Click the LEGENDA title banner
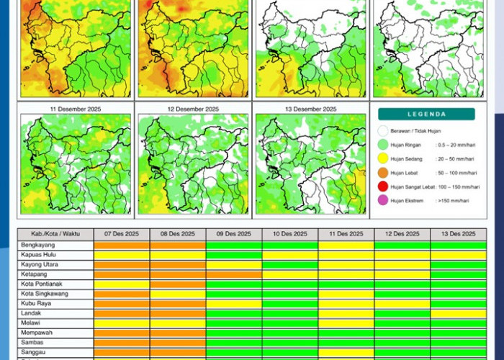pos(426,114)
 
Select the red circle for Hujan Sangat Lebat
pos(383,186)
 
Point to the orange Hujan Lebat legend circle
pos(383,172)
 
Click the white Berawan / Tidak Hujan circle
pos(383,131)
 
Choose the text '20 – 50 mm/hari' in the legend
pos(454,158)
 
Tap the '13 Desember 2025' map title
pos(308,109)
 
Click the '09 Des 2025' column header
pos(234,234)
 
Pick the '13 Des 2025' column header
pos(458,234)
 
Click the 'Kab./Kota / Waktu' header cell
pos(55,234)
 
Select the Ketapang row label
pos(33,274)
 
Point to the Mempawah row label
pos(35,333)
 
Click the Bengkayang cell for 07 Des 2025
pos(122,246)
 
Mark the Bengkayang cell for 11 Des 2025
pos(346,246)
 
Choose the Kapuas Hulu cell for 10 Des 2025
pos(290,255)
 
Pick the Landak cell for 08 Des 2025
pos(178,313)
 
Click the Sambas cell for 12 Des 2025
pos(402,342)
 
